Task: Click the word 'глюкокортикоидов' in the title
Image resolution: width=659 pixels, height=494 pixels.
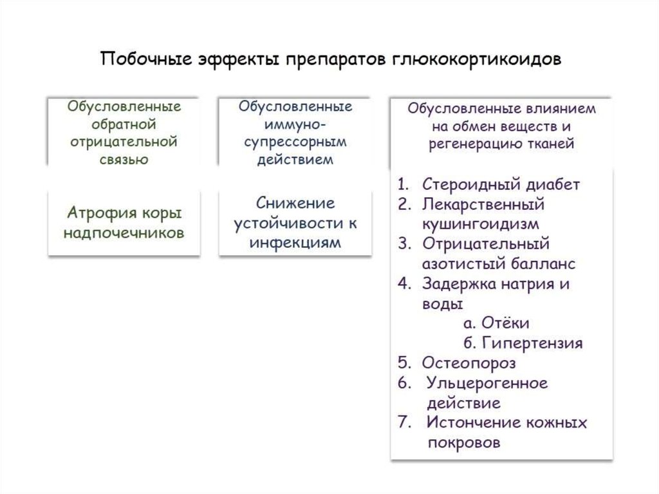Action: tap(477, 59)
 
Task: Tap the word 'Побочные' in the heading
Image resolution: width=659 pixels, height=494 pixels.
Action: tap(146, 58)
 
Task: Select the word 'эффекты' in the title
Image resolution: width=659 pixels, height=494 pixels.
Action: tap(239, 59)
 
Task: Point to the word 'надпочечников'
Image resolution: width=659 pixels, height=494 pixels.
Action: tap(124, 233)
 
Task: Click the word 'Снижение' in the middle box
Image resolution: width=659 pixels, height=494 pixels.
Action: tap(295, 204)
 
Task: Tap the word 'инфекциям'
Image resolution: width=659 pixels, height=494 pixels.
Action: tap(295, 243)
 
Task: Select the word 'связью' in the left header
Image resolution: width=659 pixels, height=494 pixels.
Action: tap(124, 160)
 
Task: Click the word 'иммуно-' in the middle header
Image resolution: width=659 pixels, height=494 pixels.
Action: tap(295, 124)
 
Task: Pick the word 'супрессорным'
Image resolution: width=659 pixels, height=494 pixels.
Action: tap(295, 142)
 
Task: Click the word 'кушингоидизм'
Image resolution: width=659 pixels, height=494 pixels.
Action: tap(480, 224)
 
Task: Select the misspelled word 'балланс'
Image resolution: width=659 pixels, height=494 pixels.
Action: tap(543, 264)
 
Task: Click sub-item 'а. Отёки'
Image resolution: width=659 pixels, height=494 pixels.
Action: tap(496, 323)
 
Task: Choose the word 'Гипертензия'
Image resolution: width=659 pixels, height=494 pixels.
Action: tap(532, 343)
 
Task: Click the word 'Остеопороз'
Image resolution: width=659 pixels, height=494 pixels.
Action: tap(469, 363)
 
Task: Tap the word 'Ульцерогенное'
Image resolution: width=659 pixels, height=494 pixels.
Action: tap(487, 383)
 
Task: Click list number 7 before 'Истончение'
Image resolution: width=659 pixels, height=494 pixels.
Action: tap(404, 422)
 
